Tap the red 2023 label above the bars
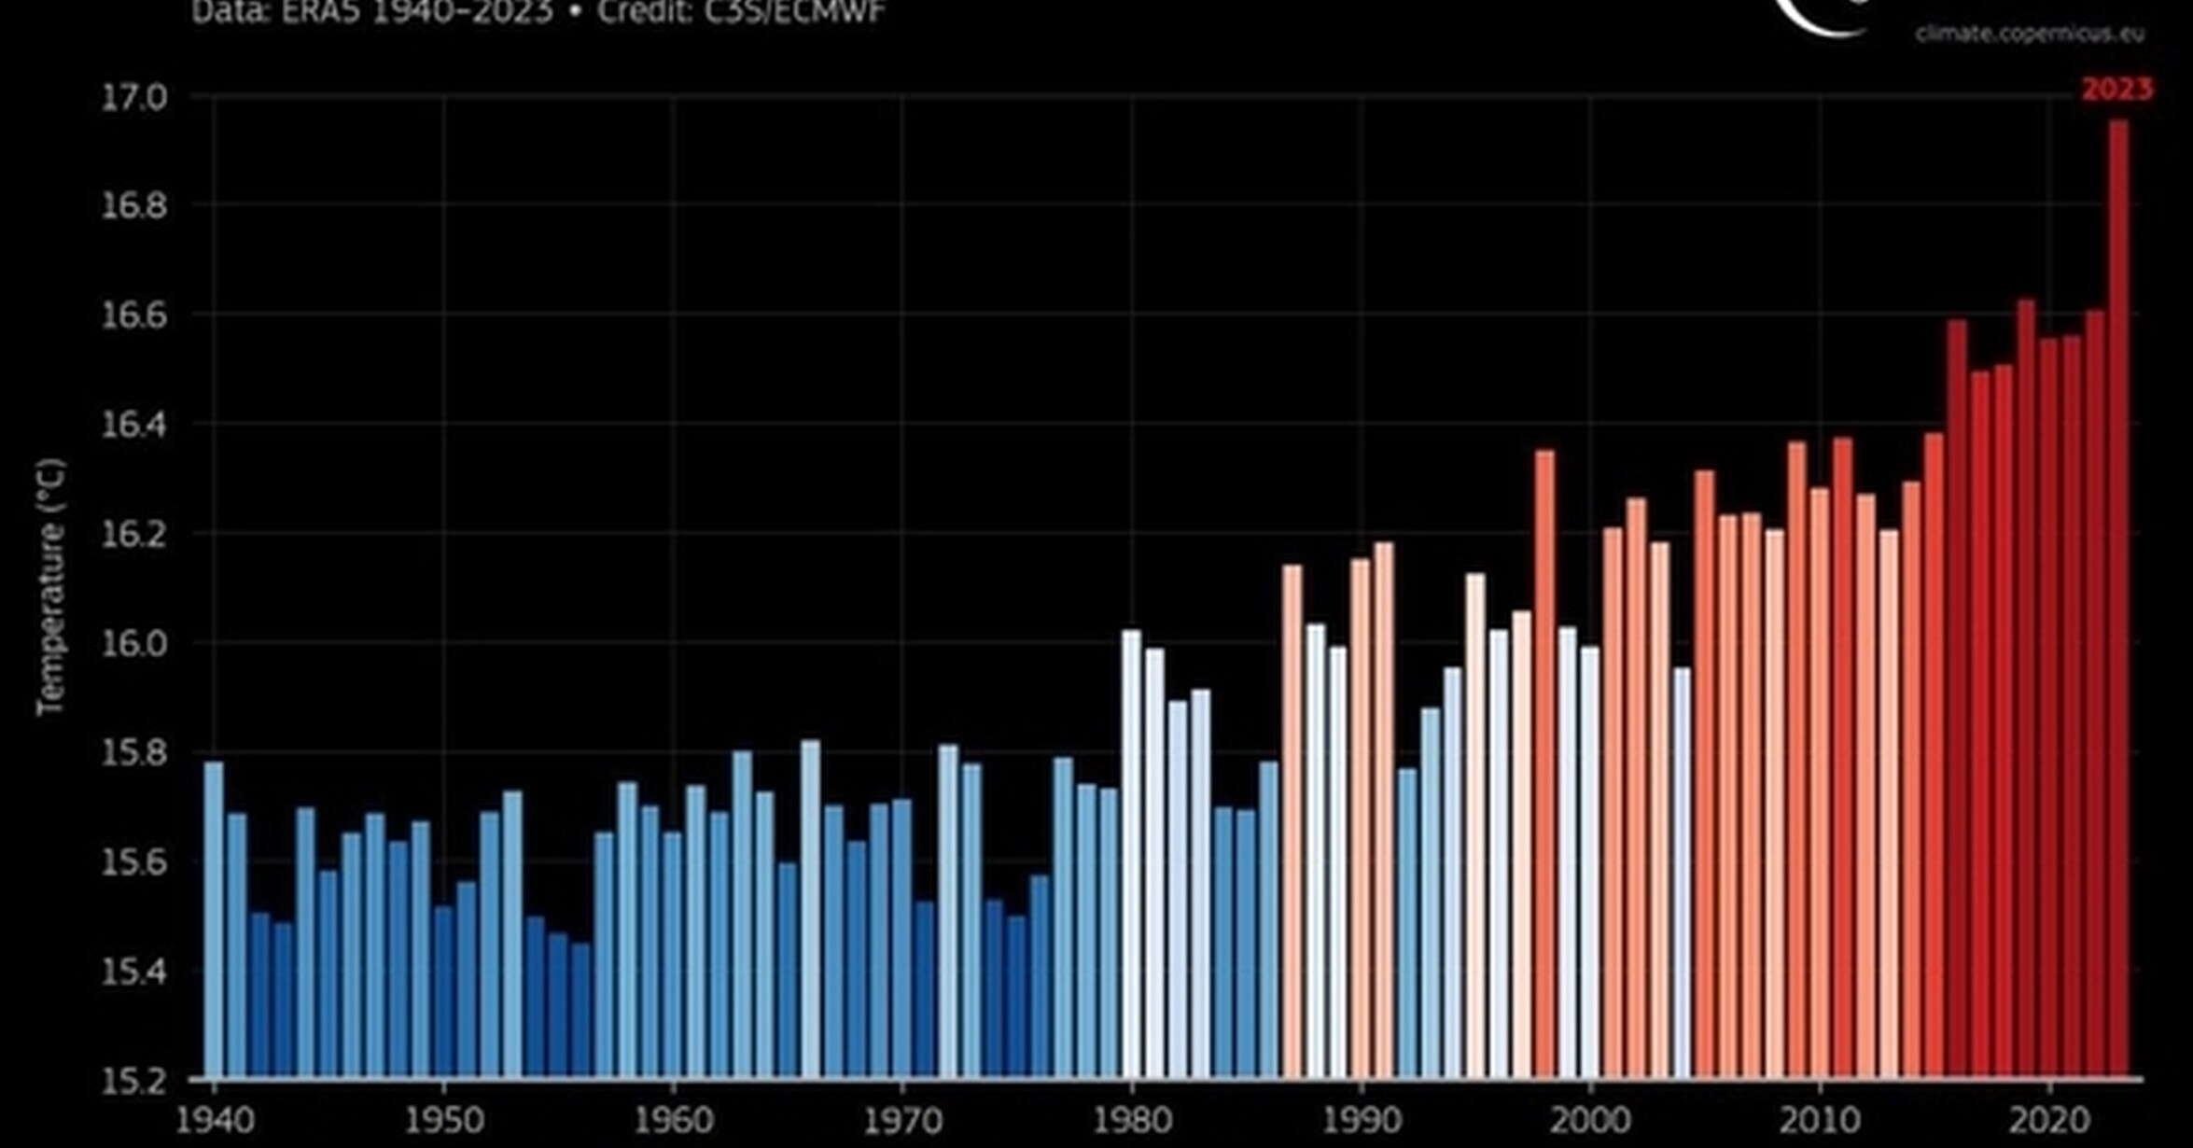(x=2116, y=90)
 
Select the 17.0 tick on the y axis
(x=133, y=97)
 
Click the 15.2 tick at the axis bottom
(x=133, y=1081)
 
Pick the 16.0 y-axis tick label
(x=133, y=644)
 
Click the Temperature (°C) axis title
(x=51, y=588)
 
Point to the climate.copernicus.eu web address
(x=2030, y=35)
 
